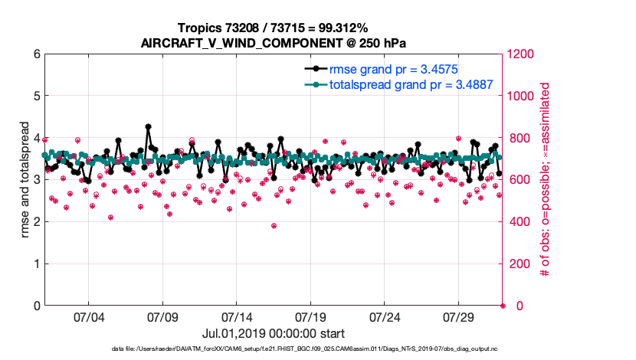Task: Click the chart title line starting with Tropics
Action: click(273, 27)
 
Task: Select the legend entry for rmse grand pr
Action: click(392, 70)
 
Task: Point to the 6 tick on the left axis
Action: click(36, 54)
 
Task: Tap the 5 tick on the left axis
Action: click(36, 97)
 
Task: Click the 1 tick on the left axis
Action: click(36, 264)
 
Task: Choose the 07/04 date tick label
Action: click(88, 317)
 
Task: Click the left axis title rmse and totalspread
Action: click(25, 180)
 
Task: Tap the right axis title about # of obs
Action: click(546, 180)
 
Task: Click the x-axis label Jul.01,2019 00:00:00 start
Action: click(273, 333)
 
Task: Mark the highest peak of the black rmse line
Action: click(148, 127)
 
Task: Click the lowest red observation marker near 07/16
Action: click(274, 226)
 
